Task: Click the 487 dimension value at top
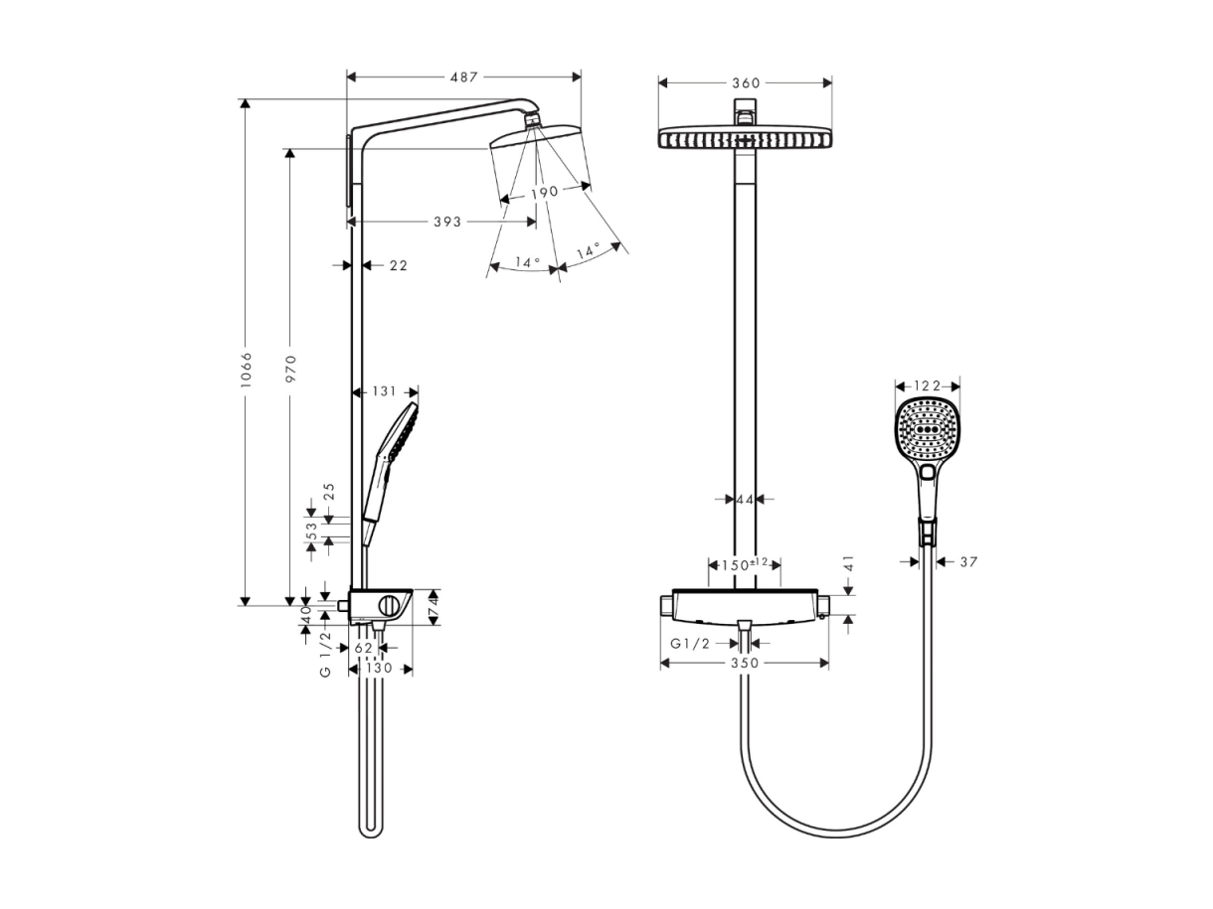coord(463,77)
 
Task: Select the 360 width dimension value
coord(746,83)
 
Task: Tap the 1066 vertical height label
coord(247,370)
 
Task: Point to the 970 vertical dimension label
coord(291,370)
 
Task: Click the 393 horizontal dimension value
coord(447,222)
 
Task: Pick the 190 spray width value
coord(545,193)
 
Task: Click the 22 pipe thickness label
coord(399,266)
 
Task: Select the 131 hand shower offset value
coord(384,391)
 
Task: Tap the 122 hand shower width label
coord(928,386)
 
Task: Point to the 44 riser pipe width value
coord(745,500)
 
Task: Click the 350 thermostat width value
coord(745,663)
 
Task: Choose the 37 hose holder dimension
coord(968,562)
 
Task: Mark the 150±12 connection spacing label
coord(745,565)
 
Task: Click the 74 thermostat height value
coord(433,607)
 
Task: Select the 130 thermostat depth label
coord(379,669)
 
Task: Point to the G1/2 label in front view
coord(690,644)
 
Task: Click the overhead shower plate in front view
coord(745,137)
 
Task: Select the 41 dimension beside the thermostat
coord(849,563)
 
